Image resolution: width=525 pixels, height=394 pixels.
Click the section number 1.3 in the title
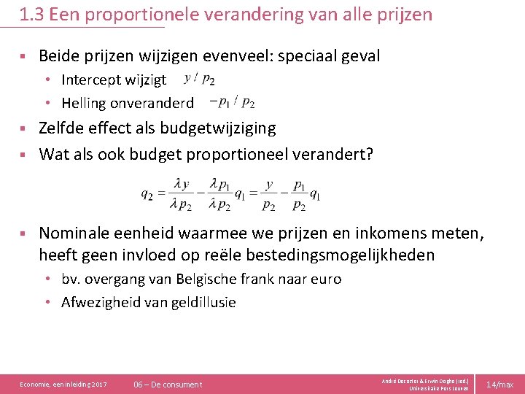(33, 14)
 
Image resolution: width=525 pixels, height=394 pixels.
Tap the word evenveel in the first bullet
(249, 55)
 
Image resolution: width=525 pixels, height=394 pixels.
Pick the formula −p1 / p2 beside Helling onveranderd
(231, 102)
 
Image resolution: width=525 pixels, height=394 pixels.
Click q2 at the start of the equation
(147, 195)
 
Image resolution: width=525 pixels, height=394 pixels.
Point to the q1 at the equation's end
(315, 195)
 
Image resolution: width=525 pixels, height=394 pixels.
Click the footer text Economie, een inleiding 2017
(63, 384)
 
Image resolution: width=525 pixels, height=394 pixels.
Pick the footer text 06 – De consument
(168, 384)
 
